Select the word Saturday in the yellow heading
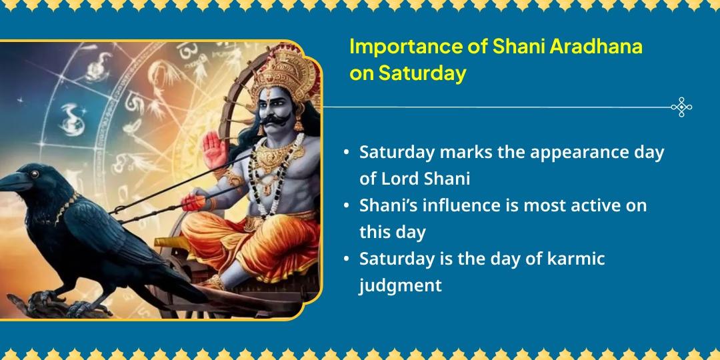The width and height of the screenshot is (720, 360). pyautogui.click(x=421, y=73)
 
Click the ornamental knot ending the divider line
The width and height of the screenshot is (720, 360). pyautogui.click(x=681, y=107)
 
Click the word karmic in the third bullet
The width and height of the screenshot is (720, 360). pyautogui.click(x=574, y=258)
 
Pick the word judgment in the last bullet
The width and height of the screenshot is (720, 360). pyautogui.click(x=400, y=285)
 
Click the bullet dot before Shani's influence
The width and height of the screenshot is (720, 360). pyautogui.click(x=346, y=205)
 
